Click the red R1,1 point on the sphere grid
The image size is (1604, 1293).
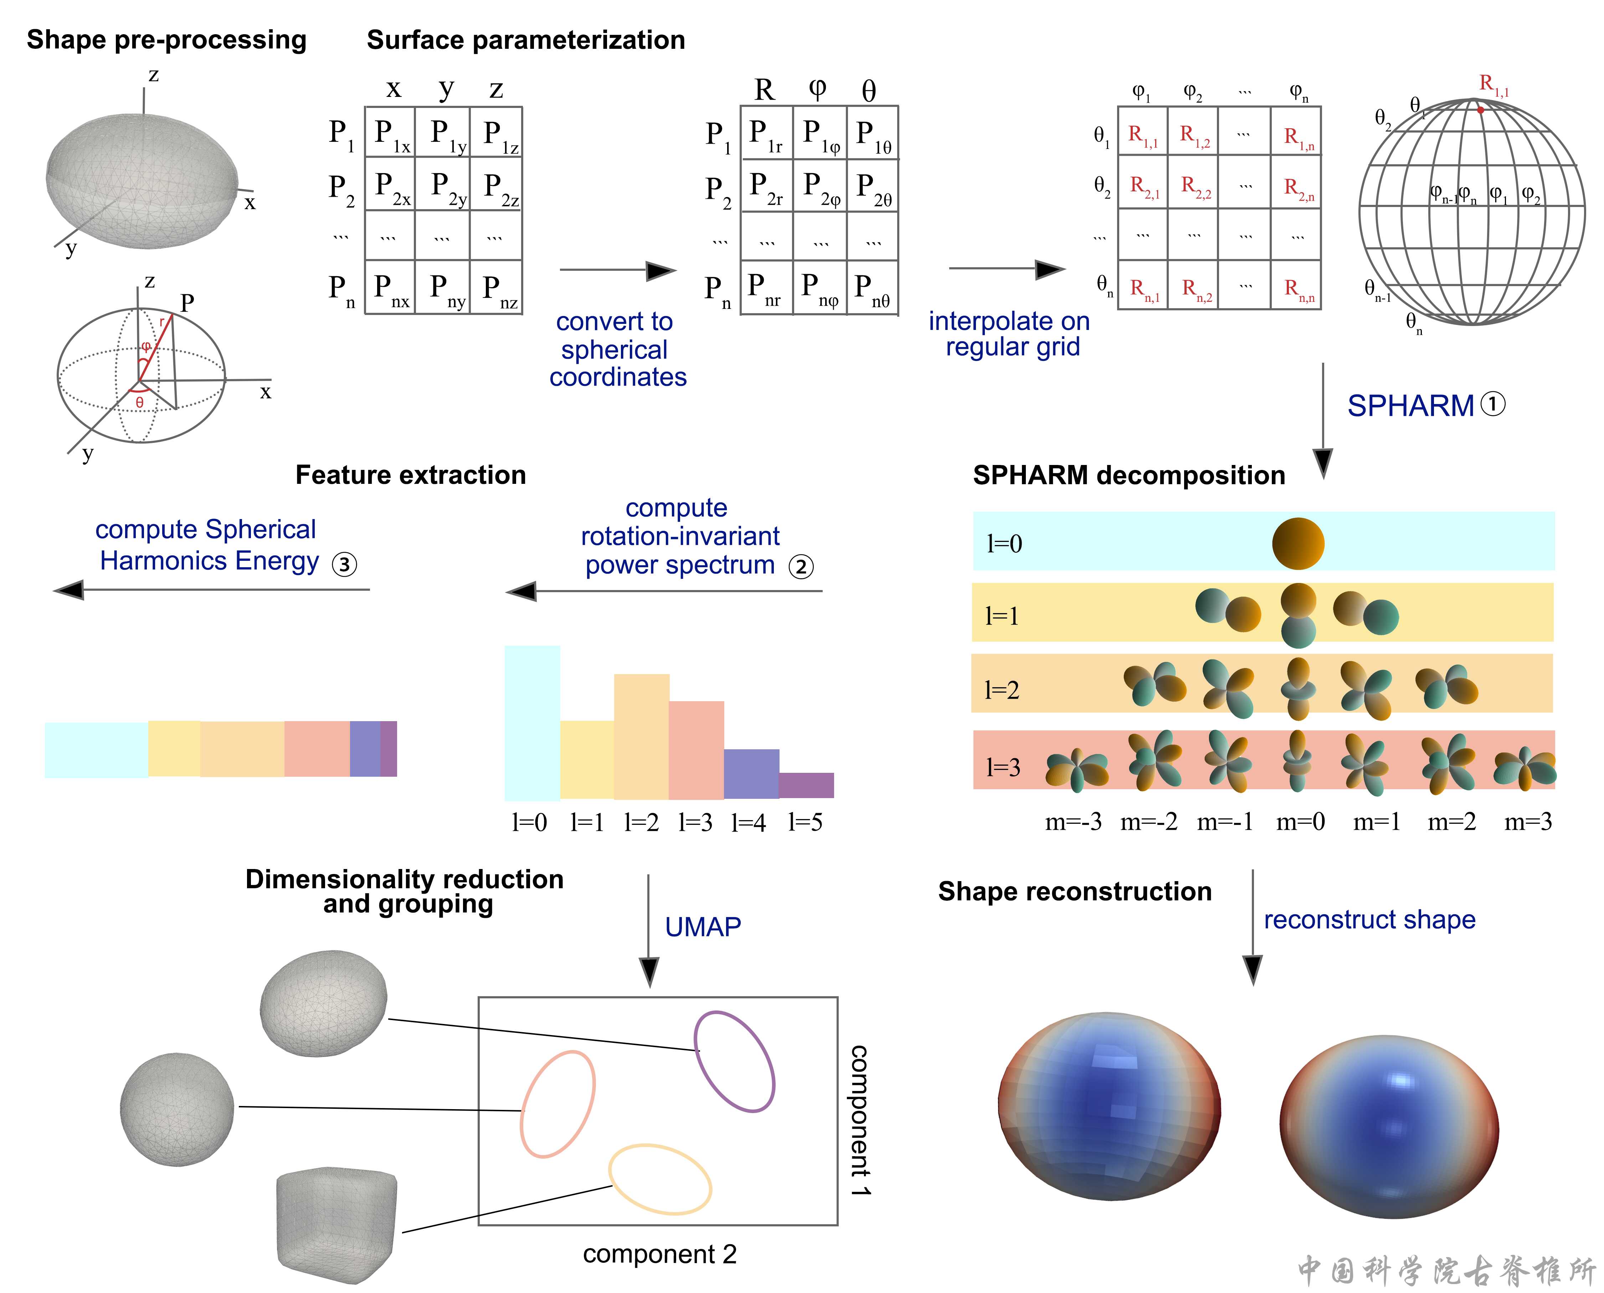1480,109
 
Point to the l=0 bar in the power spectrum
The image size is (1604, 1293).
532,723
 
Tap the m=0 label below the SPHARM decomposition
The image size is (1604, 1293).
1300,822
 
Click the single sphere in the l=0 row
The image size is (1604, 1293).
1298,544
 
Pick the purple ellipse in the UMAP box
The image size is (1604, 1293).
734,1061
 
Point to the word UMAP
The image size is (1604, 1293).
703,927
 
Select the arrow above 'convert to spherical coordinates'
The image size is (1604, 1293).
617,270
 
